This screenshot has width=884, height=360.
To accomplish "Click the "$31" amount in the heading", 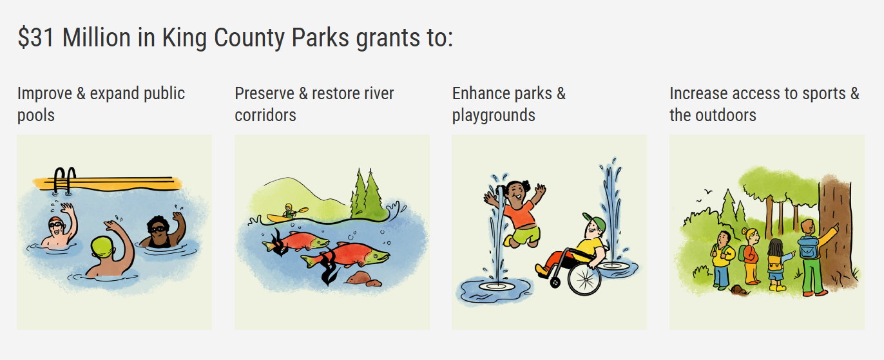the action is (35, 38).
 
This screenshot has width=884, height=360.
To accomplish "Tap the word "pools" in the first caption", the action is (36, 115).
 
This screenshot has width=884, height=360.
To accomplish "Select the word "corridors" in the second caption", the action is (265, 115).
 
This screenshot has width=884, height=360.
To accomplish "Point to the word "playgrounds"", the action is (494, 115).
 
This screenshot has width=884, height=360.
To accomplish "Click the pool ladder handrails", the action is (64, 180).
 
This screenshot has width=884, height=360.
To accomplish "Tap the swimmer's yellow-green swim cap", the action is (102, 247).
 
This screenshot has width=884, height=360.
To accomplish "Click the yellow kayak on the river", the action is (281, 218).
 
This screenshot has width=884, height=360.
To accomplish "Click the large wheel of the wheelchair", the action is (584, 278).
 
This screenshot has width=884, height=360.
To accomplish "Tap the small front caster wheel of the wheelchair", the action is (555, 282).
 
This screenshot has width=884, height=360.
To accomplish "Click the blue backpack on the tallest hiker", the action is (809, 248).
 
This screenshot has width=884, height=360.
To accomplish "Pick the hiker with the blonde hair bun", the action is (751, 256).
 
